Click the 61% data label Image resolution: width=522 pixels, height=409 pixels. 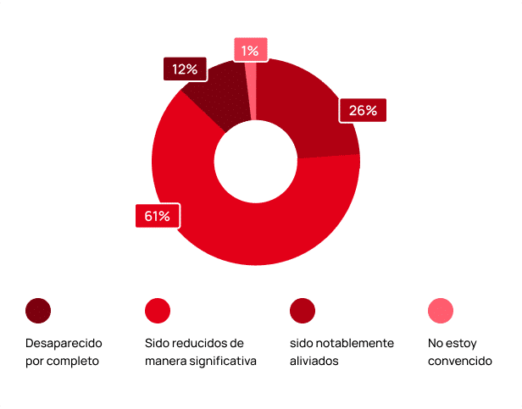[x=157, y=217]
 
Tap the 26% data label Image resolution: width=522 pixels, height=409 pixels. [x=363, y=110]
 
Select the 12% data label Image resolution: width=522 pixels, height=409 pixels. [x=185, y=69]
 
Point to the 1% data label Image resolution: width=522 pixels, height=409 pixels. [x=250, y=51]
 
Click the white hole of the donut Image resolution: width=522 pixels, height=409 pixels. [x=255, y=161]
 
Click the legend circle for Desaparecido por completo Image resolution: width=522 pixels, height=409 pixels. [x=38, y=311]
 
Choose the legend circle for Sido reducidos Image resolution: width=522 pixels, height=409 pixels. [x=158, y=311]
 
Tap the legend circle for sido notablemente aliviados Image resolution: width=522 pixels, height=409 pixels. [x=302, y=311]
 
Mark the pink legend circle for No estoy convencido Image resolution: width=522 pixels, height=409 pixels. [x=441, y=311]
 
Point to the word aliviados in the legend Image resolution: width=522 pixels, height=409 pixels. [x=314, y=361]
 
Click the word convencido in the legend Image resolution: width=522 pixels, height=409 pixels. [x=460, y=361]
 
